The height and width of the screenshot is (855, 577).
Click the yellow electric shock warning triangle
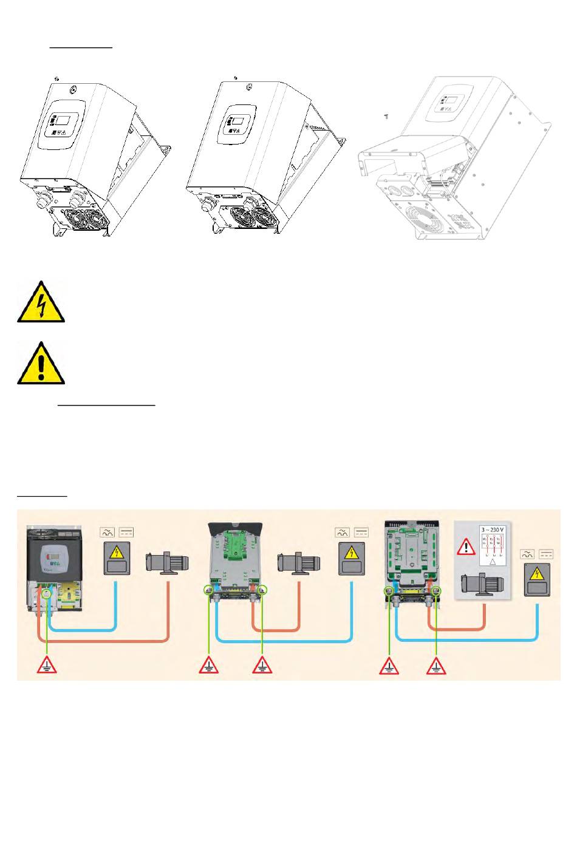(41, 302)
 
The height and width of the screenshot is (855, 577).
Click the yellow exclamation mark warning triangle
(41, 364)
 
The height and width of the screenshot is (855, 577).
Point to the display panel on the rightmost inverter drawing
(452, 103)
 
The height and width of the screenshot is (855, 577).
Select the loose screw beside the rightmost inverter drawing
(386, 115)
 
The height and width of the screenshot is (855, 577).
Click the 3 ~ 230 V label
(492, 528)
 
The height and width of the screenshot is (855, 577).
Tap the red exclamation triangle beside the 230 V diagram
(466, 547)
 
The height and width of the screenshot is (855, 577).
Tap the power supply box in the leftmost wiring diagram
(116, 559)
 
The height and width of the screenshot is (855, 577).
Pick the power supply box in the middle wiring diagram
(351, 559)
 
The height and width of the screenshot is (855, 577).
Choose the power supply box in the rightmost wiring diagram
(537, 577)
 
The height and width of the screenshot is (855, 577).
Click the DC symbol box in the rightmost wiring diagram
(546, 554)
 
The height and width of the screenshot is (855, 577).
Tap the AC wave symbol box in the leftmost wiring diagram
(107, 533)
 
